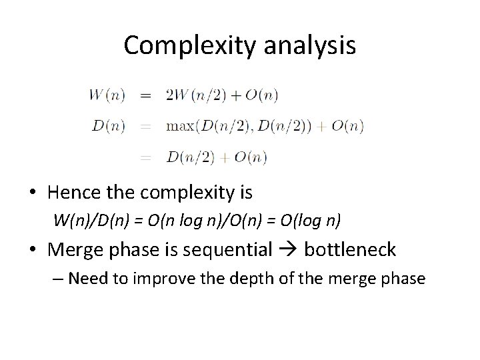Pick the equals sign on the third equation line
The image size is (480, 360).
[x=145, y=157]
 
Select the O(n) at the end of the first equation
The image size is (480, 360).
[x=261, y=95]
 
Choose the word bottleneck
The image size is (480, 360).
[x=350, y=249]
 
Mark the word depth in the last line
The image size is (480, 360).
[x=258, y=277]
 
